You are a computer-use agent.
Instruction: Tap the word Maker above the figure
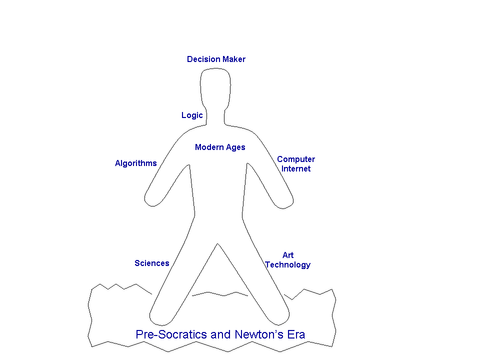pos(234,59)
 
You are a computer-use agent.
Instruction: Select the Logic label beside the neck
pos(192,115)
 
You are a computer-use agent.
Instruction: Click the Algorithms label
pos(136,163)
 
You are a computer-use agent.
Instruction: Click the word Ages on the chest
pos(235,147)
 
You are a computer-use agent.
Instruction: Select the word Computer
pos(296,159)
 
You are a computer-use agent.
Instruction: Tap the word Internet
pos(296,168)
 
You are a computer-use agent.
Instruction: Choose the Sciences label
pos(152,263)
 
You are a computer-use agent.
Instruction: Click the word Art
pos(288,255)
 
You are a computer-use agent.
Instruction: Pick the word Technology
pos(288,265)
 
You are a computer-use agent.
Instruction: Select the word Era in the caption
pos(296,334)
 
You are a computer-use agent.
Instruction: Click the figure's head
pos(215,89)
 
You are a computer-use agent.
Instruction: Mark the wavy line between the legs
pos(220,294)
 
